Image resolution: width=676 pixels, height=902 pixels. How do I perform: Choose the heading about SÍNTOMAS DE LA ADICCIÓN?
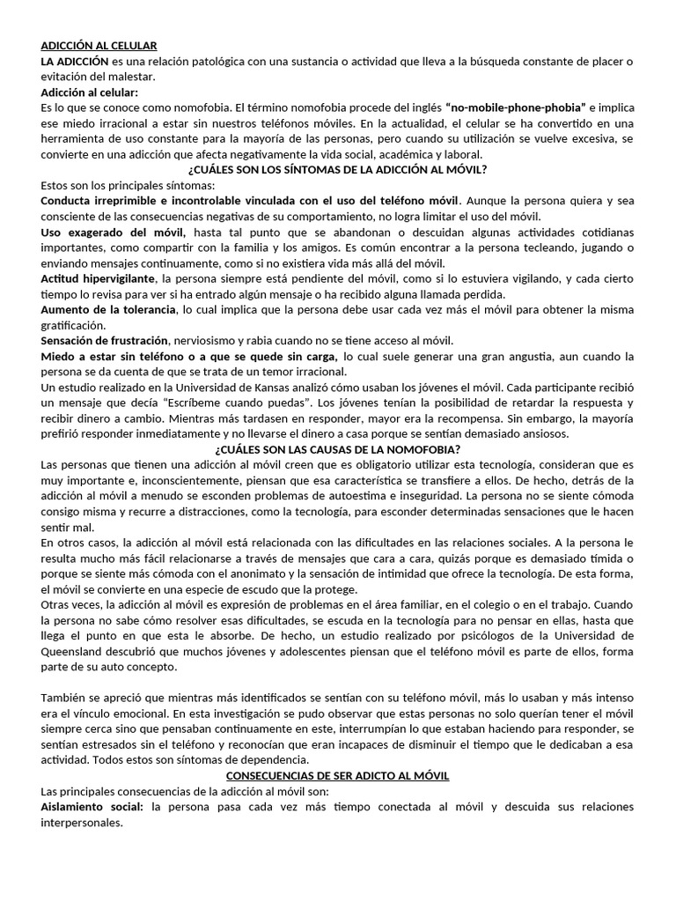click(x=337, y=169)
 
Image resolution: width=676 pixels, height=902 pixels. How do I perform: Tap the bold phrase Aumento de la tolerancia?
click(x=107, y=309)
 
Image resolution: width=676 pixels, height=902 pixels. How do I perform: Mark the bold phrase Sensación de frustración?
click(x=105, y=340)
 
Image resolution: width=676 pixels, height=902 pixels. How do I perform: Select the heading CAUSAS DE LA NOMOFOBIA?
click(x=337, y=448)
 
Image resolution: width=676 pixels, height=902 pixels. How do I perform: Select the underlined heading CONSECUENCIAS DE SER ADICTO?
click(x=338, y=775)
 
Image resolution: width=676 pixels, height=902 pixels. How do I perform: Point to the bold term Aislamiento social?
click(x=92, y=806)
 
